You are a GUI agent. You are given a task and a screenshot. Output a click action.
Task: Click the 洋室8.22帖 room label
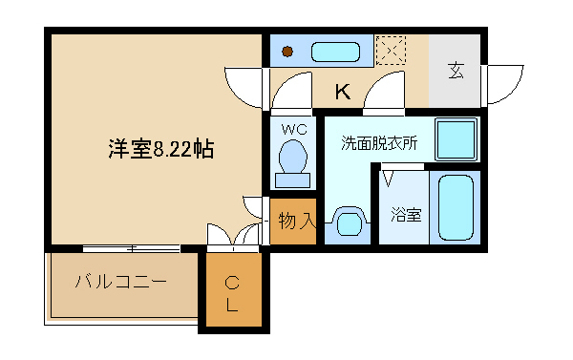[x=159, y=149]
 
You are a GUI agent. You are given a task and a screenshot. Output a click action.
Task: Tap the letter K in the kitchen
[x=342, y=93]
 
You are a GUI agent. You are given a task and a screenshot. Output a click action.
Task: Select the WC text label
[x=292, y=126]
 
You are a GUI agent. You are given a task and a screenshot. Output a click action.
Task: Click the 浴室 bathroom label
[x=406, y=216]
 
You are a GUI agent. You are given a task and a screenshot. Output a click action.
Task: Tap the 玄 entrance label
[x=456, y=72]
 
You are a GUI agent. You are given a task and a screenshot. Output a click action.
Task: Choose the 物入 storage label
[x=296, y=222]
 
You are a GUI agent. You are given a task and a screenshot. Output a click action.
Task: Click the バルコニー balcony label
[x=121, y=283]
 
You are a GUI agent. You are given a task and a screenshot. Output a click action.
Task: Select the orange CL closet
[x=232, y=293]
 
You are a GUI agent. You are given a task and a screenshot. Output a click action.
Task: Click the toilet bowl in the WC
[x=292, y=158]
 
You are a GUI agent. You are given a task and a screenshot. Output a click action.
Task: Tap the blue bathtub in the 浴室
[x=455, y=207]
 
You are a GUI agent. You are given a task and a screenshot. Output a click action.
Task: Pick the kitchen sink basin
[x=334, y=51]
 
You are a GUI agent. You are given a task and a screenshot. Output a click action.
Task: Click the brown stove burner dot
[x=286, y=52]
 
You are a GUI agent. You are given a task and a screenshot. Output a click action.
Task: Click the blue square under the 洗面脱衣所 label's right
[x=456, y=140]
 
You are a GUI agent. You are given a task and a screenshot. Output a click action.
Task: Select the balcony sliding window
[x=131, y=248]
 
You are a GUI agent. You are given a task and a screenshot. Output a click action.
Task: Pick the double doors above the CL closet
[x=233, y=238]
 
